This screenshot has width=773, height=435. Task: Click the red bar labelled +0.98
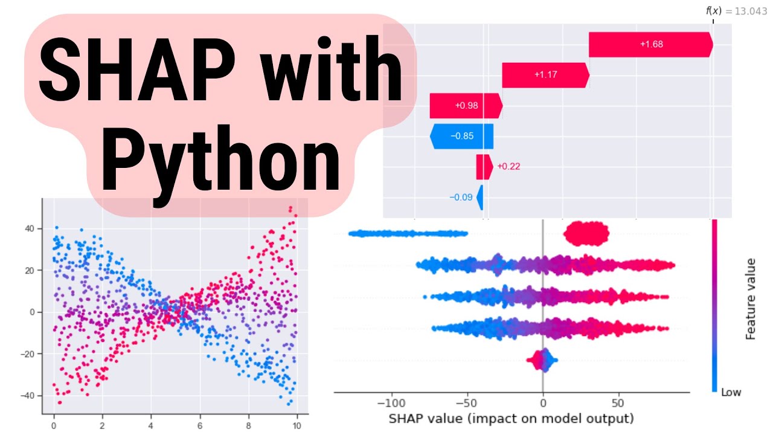point(466,106)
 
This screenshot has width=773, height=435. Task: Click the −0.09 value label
point(461,197)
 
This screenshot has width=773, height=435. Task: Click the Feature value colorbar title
point(751,298)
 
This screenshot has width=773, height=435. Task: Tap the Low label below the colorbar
point(731,392)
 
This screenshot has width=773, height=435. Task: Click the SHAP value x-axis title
point(511,418)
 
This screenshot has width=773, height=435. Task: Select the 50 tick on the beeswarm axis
point(617,402)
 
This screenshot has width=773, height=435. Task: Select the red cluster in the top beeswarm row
point(586,233)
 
